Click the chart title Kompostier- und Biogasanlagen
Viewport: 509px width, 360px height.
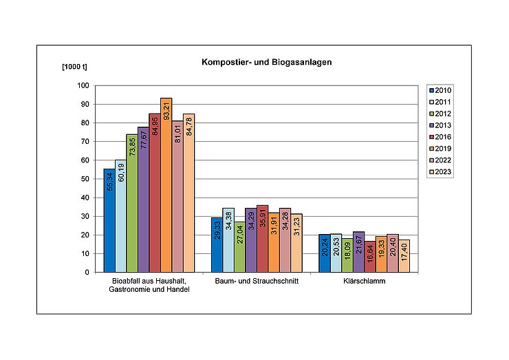click(266, 62)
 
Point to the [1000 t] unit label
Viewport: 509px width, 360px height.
click(76, 67)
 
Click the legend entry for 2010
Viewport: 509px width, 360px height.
click(440, 90)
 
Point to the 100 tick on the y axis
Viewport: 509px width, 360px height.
click(83, 85)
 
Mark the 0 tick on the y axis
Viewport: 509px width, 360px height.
click(87, 272)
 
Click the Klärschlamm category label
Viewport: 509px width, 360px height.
click(364, 281)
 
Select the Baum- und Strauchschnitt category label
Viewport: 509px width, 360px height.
click(255, 281)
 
